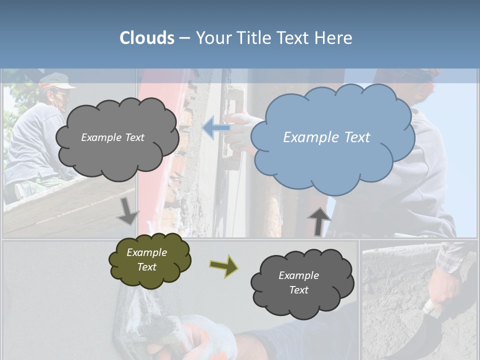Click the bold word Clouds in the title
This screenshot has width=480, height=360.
[147, 38]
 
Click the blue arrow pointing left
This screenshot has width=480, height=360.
[216, 128]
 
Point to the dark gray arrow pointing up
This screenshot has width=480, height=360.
[319, 221]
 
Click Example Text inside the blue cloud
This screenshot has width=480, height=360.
[326, 137]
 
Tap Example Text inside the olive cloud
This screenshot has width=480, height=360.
[146, 259]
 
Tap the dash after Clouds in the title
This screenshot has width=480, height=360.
[184, 38]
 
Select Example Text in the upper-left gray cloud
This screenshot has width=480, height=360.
[112, 137]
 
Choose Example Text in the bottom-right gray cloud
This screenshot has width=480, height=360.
[298, 282]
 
